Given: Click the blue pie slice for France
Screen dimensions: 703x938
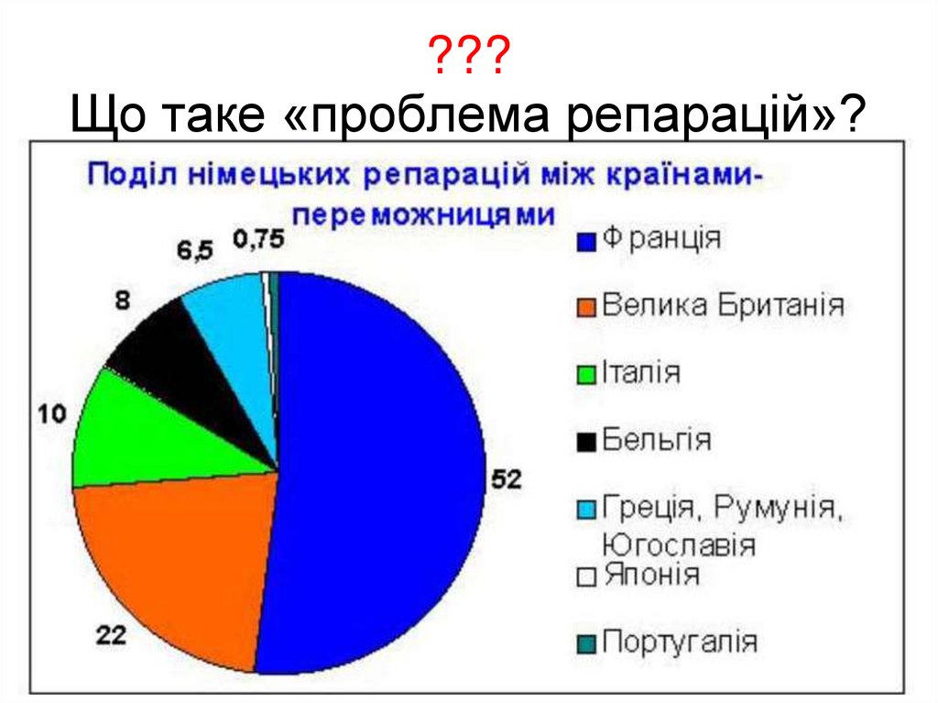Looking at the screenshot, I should [385, 467].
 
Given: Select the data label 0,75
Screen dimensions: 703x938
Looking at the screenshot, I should [258, 240].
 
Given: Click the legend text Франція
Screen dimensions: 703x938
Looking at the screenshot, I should [661, 239].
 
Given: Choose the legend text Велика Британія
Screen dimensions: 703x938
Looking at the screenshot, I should [723, 305].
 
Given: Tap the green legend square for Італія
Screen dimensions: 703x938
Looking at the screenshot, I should [586, 375].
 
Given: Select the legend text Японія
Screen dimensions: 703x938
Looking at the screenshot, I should [651, 576].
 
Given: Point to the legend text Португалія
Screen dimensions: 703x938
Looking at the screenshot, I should [680, 642].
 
